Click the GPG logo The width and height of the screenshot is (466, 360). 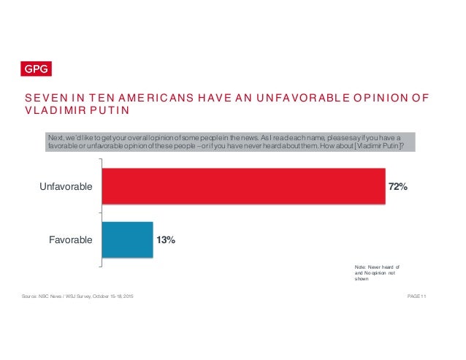[x=34, y=70]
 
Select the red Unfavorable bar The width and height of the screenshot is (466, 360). [x=243, y=187]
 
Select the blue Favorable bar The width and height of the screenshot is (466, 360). [x=127, y=240]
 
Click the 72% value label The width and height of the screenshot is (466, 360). [x=398, y=188]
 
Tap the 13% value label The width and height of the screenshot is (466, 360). [x=166, y=240]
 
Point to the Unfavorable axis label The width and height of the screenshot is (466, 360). [x=66, y=188]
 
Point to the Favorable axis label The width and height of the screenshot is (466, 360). [x=71, y=240]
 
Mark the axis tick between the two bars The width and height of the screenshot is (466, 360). [x=99, y=213]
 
